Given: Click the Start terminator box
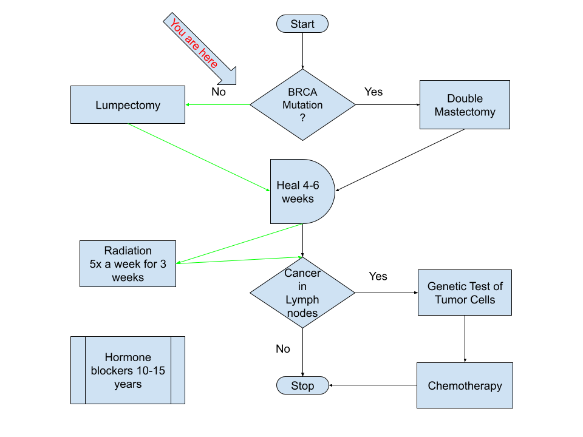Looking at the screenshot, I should coord(302,24).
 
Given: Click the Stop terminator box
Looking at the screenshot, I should coord(302,385).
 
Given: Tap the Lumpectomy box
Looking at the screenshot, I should coord(128,105).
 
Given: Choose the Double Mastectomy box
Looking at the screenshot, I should coord(465,105).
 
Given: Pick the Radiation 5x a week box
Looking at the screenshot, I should coord(128,264).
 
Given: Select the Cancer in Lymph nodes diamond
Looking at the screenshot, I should coord(302,293).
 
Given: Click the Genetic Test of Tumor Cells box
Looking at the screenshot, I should coord(465,293).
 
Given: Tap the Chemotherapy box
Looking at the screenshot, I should coord(465,385).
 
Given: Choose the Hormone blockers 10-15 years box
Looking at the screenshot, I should coord(128,370).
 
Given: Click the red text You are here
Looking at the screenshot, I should coord(194,44).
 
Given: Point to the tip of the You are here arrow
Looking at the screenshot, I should coord(234,83).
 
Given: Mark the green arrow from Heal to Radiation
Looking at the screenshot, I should coord(239,243).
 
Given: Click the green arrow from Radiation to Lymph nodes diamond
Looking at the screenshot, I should coord(239,260).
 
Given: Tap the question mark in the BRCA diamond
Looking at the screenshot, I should coord(302,118).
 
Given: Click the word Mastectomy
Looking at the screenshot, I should coord(465,112).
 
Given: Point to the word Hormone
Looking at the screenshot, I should coord(128,357).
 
